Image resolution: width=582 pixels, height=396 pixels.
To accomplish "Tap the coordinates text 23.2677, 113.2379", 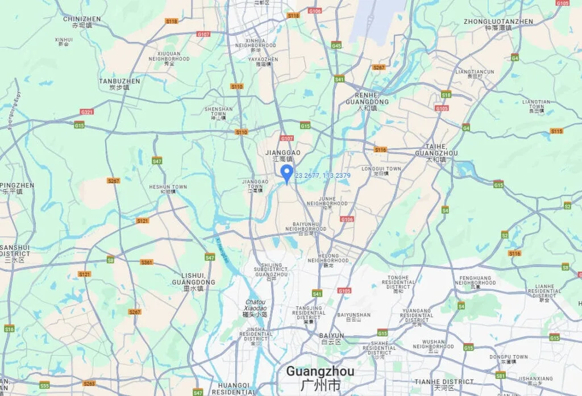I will point(322,176).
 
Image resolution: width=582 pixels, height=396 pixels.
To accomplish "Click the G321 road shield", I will point(86,112).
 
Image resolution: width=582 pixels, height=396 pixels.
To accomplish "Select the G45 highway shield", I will point(336,45).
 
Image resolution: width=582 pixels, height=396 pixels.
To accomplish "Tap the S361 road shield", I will point(147,262).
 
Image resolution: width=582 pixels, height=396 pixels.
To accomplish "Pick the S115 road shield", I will point(556,131).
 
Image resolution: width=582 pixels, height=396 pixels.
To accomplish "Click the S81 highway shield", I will point(500,375).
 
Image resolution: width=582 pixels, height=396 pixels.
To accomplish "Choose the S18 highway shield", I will point(446,95).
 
